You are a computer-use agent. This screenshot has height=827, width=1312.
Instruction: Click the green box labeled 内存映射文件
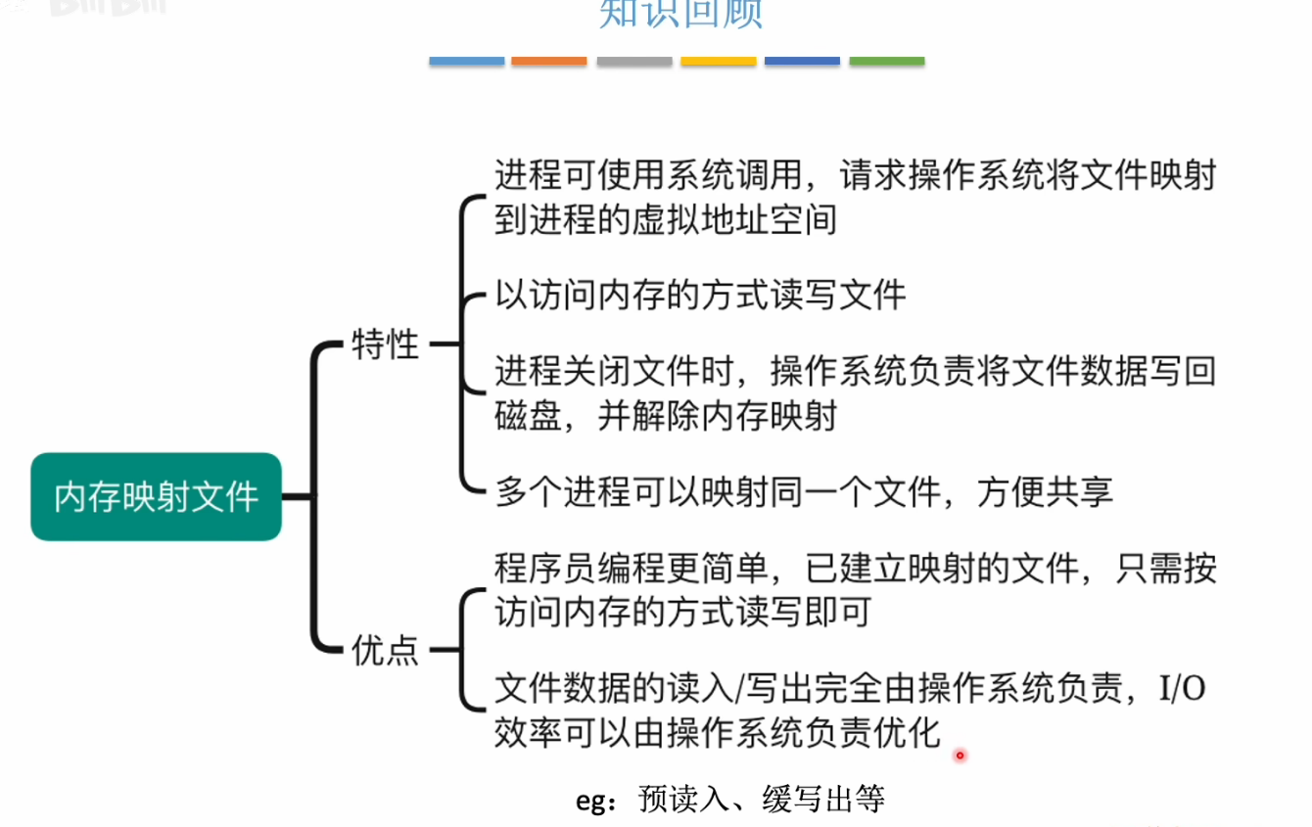click(x=157, y=496)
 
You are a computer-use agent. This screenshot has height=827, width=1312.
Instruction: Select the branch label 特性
click(x=385, y=345)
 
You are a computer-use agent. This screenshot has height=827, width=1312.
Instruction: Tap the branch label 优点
click(x=385, y=649)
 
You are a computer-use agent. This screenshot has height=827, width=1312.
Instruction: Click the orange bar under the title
click(x=548, y=61)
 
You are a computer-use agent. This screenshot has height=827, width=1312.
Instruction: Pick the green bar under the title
click(x=886, y=61)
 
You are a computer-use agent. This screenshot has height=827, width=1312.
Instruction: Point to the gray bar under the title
click(x=634, y=61)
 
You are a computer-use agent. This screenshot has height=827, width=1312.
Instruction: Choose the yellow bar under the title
click(x=719, y=61)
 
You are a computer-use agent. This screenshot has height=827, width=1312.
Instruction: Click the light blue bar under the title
click(x=466, y=61)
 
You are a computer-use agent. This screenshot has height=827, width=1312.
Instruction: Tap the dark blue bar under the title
click(x=802, y=61)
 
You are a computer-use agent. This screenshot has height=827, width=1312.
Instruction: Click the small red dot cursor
click(x=960, y=755)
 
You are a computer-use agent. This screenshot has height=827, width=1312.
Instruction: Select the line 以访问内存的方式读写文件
click(x=700, y=295)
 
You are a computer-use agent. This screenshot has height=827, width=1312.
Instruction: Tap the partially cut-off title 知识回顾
click(x=680, y=14)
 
